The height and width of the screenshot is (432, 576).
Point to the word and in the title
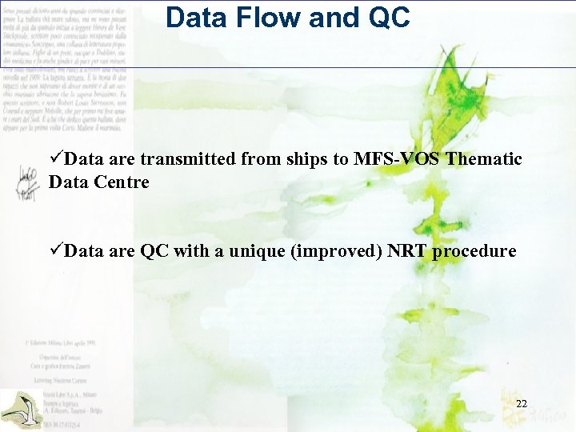[x=330, y=18]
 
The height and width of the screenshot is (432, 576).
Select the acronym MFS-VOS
[x=396, y=159]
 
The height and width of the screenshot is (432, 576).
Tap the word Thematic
[x=485, y=159]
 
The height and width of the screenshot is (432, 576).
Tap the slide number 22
[x=522, y=404]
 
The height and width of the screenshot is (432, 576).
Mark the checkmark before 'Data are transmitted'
[x=56, y=159]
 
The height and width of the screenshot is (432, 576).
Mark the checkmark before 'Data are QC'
[x=56, y=251]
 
